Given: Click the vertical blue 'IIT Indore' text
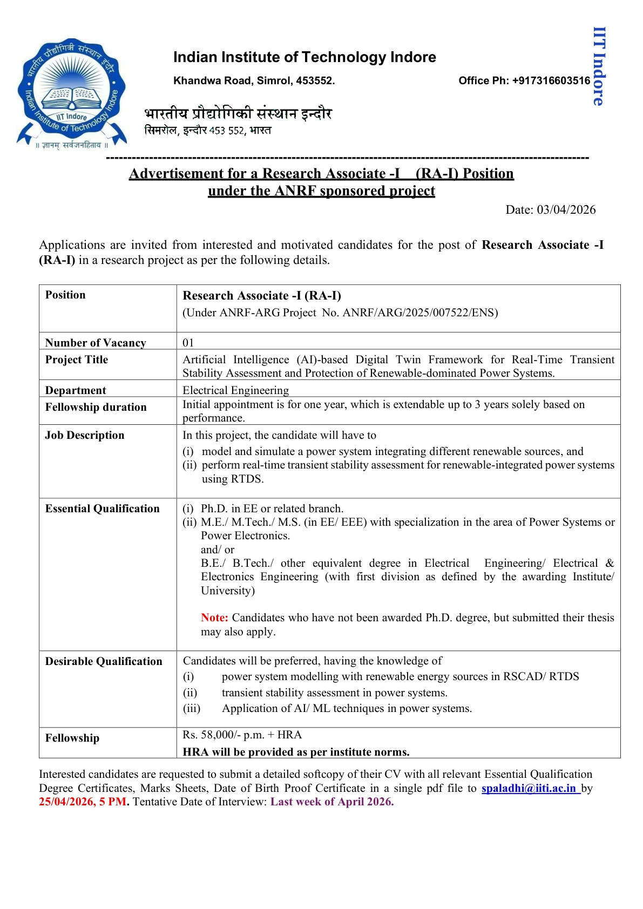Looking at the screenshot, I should [x=599, y=66].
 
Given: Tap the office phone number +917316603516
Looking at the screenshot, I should [x=551, y=80].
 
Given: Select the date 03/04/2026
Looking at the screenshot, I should [x=566, y=209].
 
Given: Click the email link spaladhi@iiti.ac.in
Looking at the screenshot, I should [x=529, y=788].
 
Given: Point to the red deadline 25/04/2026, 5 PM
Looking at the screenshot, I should [x=83, y=802].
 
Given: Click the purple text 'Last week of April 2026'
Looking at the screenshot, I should [x=332, y=802].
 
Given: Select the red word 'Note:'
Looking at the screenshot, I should [x=214, y=618].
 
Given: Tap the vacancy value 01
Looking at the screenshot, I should [x=188, y=343].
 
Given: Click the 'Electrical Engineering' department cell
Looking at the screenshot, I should [x=235, y=390].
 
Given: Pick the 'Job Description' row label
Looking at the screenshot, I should [x=85, y=435].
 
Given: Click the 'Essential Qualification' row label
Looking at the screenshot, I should [x=103, y=508].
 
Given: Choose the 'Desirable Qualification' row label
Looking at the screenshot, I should [x=104, y=661].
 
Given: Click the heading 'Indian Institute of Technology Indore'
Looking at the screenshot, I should [x=304, y=57].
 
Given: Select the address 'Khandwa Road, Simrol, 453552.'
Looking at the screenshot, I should [x=254, y=80].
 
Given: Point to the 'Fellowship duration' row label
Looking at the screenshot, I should [x=96, y=407].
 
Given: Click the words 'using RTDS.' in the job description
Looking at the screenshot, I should [x=233, y=479].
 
